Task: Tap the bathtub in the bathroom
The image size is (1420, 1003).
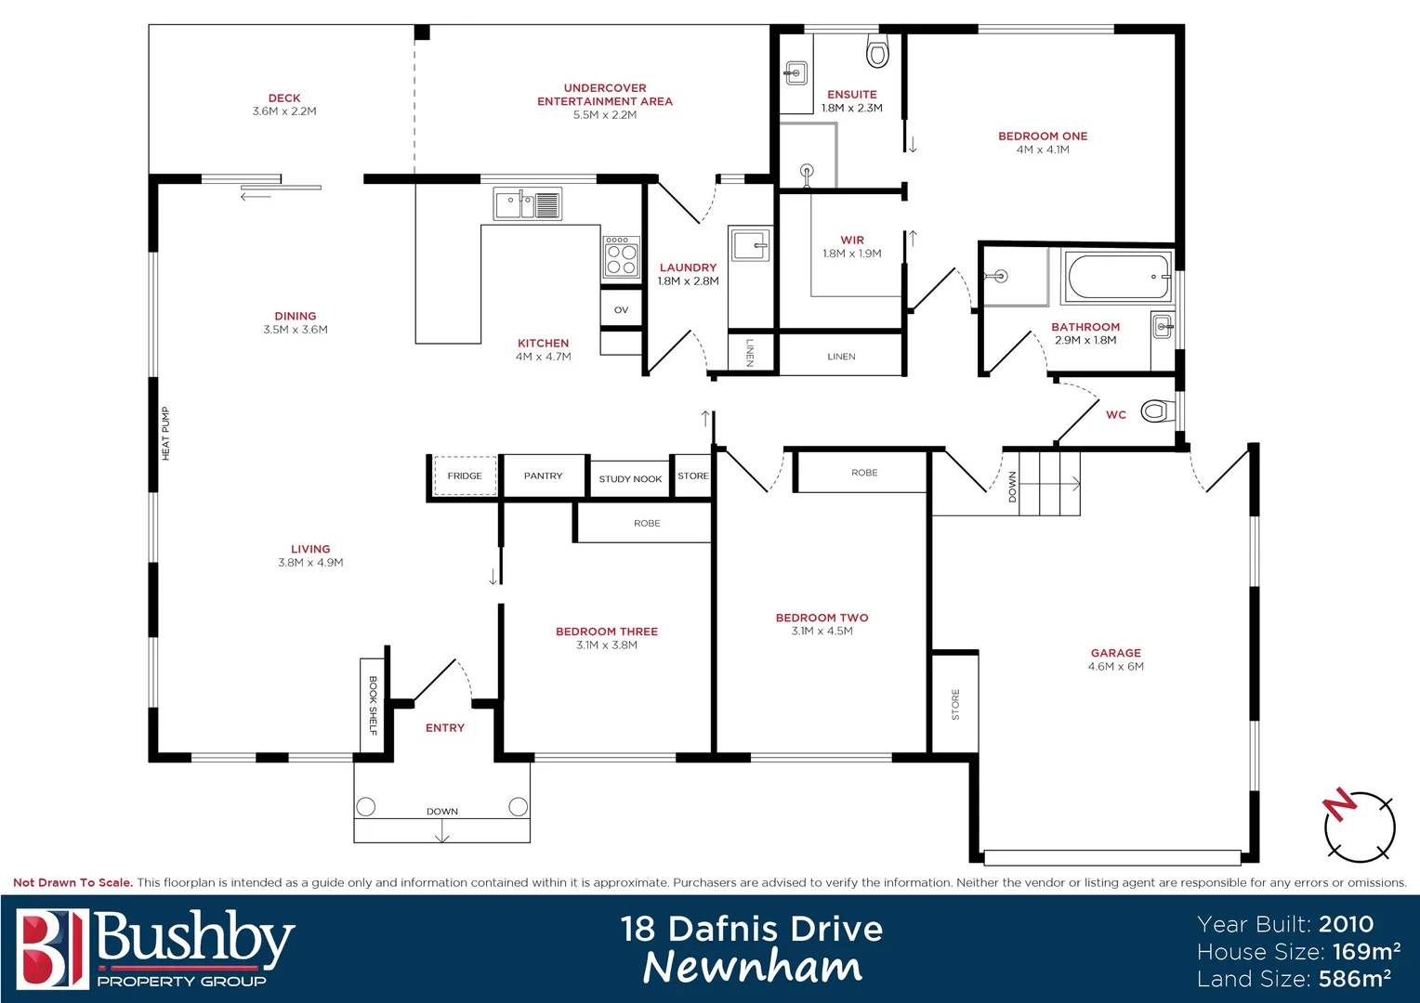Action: (1118, 277)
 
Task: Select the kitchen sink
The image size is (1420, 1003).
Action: (527, 203)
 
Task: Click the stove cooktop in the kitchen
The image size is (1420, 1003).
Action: (622, 256)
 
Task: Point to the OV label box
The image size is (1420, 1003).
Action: (621, 310)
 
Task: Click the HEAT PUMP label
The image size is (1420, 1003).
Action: (166, 434)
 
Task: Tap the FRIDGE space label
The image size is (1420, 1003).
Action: (465, 475)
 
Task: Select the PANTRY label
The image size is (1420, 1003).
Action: (543, 475)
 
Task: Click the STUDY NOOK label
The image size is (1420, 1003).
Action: (630, 479)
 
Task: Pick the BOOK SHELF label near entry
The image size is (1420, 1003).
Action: (373, 705)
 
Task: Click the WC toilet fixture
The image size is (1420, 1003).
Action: (1155, 410)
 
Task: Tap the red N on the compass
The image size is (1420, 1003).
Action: (1340, 803)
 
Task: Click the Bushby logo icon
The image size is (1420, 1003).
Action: (52, 948)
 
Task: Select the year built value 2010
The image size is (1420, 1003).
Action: (1346, 924)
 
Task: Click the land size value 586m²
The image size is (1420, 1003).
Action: (1354, 978)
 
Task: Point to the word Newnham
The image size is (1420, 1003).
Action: (752, 967)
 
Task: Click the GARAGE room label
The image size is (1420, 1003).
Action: (1115, 653)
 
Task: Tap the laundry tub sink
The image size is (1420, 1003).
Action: (749, 246)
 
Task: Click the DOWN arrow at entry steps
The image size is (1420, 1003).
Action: (442, 835)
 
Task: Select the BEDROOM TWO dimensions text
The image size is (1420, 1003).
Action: (822, 632)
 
